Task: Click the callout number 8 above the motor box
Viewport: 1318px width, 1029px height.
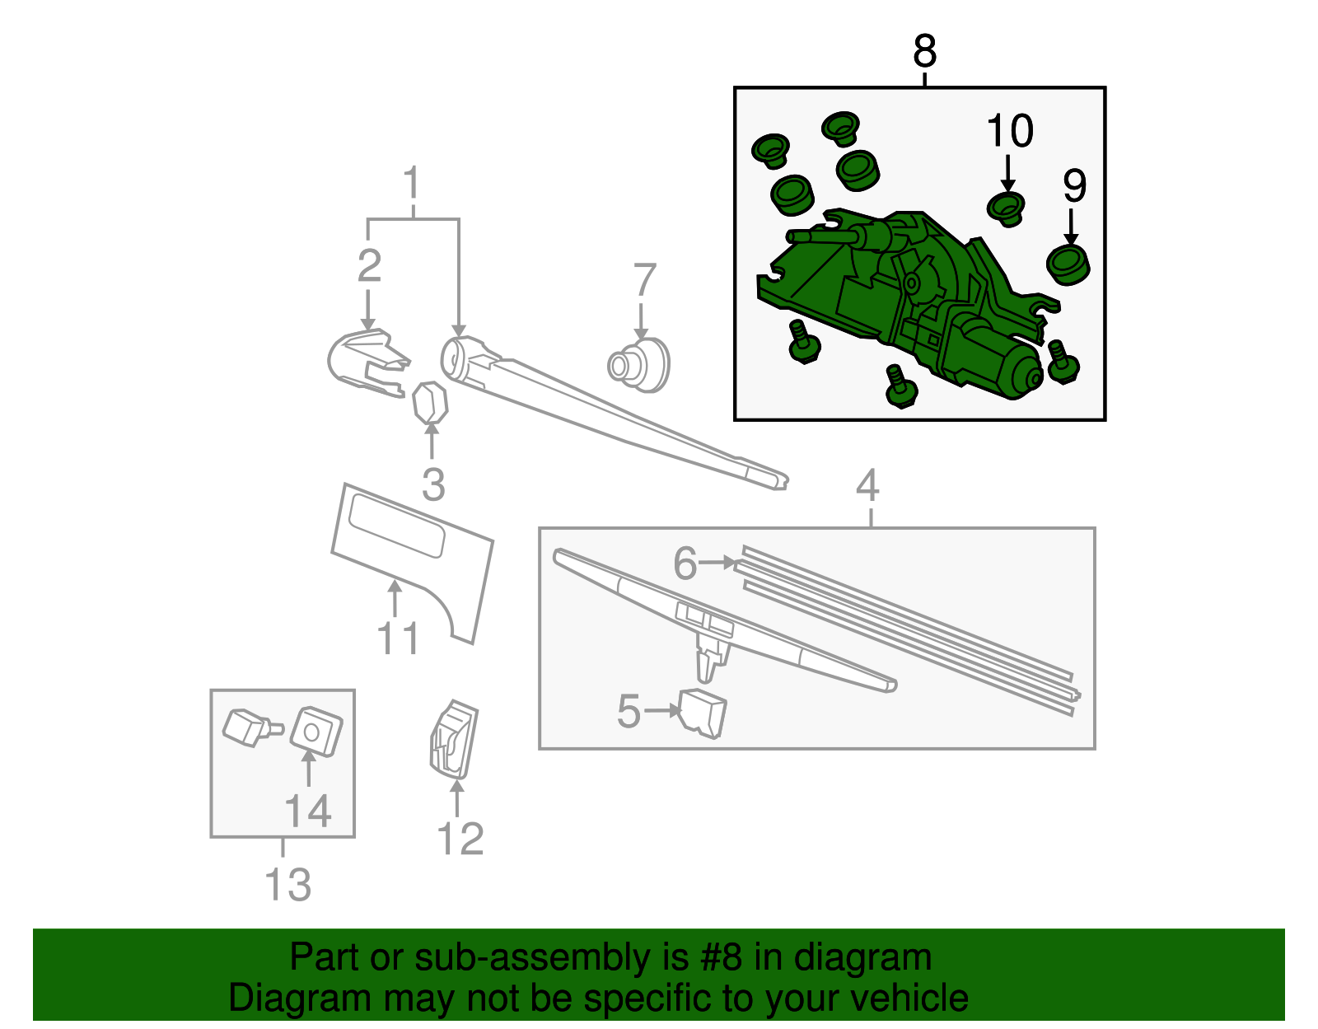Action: pos(924,51)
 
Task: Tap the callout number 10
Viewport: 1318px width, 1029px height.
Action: pos(1009,132)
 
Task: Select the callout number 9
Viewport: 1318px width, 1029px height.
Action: pos(1074,186)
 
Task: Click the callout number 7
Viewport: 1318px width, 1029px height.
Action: pos(644,280)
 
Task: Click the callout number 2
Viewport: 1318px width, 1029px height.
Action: pos(369,265)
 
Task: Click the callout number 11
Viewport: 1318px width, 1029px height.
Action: pos(398,638)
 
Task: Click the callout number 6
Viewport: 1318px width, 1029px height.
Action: pos(685,564)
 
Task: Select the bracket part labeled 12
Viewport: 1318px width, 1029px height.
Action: pos(453,739)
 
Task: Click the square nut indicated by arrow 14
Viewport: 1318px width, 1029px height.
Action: pos(316,731)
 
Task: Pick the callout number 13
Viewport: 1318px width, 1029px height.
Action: pos(287,885)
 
